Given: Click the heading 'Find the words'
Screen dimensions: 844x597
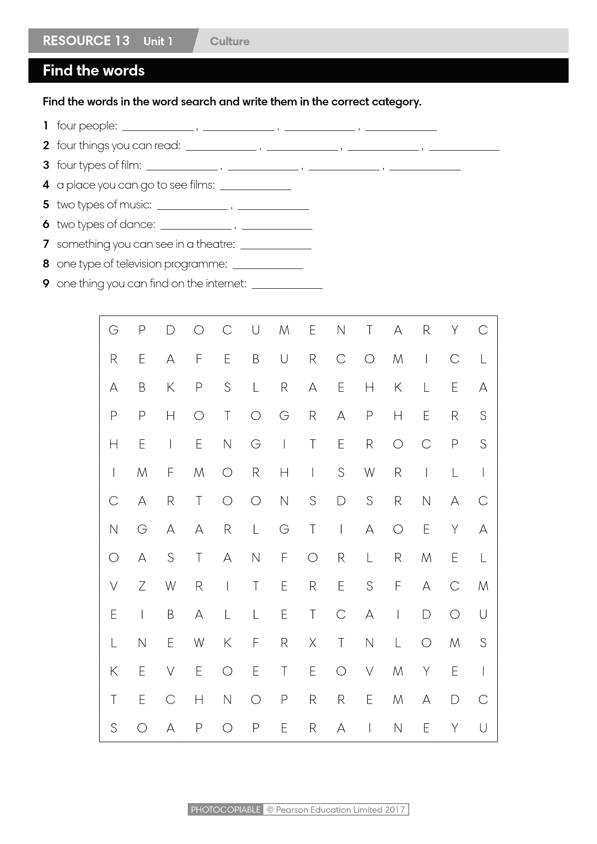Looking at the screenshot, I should (93, 71).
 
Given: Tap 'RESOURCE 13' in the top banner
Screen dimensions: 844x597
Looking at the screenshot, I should (86, 41).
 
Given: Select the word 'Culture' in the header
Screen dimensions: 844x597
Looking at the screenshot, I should (230, 41).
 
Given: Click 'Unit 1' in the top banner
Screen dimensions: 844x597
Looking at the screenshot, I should (158, 41).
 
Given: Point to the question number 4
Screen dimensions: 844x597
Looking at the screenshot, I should (46, 185).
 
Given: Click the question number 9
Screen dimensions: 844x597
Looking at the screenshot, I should (46, 283).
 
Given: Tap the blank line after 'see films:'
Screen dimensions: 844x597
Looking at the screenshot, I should (255, 188).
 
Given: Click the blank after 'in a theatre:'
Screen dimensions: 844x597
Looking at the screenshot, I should (275, 247).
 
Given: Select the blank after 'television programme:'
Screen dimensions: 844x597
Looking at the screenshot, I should (268, 267).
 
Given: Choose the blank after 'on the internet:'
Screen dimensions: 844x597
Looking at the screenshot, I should (287, 286).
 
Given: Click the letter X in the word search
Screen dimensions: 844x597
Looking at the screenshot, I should (312, 643).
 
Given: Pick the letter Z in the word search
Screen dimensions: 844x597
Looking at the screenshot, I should (142, 586).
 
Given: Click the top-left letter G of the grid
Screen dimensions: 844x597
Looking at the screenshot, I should (114, 330).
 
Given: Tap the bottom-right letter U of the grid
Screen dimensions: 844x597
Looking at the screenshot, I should (483, 728).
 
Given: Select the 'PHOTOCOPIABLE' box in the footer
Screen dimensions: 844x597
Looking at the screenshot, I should (225, 809).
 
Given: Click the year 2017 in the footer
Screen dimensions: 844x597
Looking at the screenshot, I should (395, 809).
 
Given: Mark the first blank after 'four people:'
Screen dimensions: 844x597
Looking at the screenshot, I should (158, 128).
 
